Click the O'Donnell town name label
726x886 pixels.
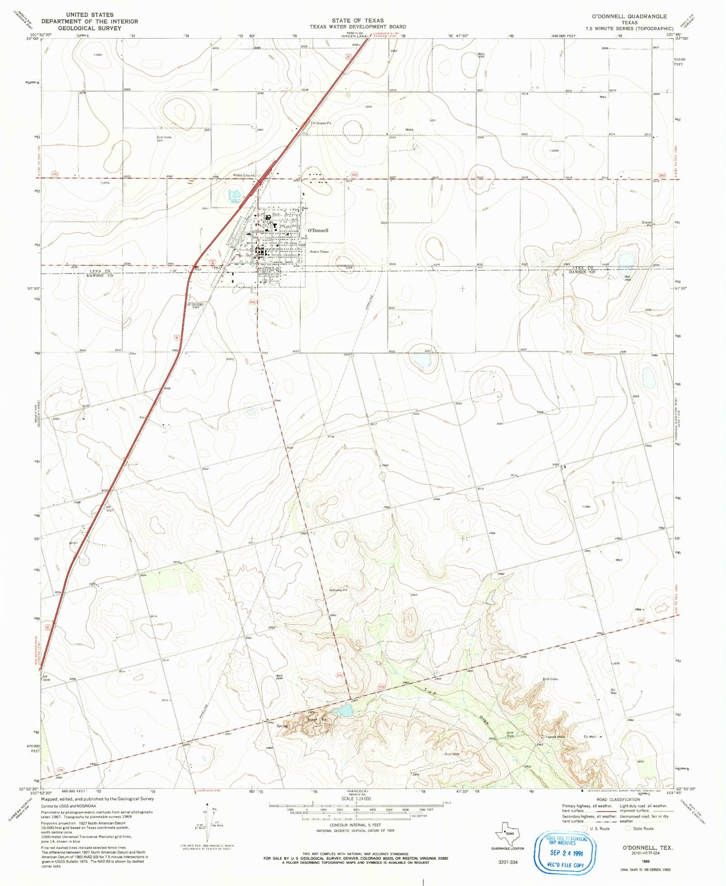(318, 231)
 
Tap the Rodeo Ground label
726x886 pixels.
(244, 175)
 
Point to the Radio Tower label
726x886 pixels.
(320, 252)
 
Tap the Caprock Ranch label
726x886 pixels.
(553, 737)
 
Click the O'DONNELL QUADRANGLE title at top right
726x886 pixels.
(629, 17)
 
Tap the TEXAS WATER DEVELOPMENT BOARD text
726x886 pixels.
(357, 27)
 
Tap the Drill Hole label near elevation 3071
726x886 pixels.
(164, 137)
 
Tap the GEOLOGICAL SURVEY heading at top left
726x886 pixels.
(89, 28)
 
